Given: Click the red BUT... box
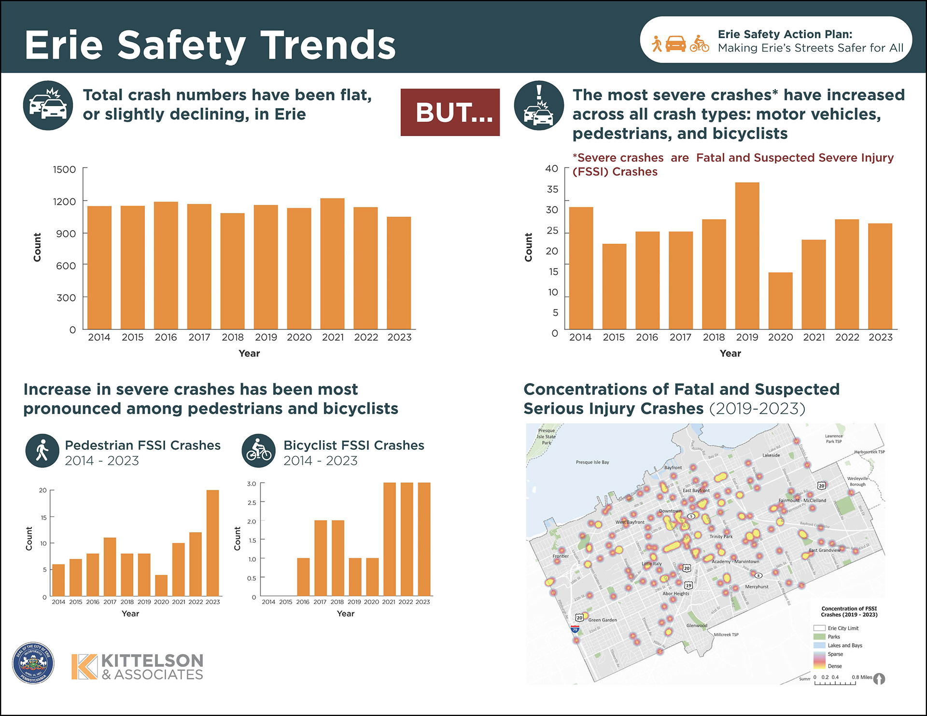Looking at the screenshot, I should coord(450,112).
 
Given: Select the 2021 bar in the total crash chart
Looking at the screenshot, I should coord(332,263).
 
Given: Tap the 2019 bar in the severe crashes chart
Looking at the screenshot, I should coord(747,256).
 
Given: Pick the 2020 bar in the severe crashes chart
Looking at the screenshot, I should coord(780,301).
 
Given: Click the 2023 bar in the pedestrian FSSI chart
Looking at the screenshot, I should coord(212,543).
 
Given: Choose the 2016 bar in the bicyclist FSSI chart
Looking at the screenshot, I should coord(303,577).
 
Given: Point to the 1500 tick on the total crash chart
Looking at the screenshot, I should coord(65,170).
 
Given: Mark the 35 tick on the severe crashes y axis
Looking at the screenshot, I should coord(552,189).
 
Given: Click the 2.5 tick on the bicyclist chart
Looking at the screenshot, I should coord(252,503).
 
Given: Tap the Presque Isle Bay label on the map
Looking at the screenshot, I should coord(592,462).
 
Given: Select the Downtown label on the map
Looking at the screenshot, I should coord(670,511).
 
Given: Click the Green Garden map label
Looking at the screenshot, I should coord(603,620).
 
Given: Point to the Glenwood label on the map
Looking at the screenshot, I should coord(697,626).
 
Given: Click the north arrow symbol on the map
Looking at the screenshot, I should coord(879,679).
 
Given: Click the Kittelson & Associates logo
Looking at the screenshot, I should coord(138,667).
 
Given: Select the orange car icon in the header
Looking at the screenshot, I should coord(675,43).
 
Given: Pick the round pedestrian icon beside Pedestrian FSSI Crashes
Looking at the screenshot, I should coord(42,450).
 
